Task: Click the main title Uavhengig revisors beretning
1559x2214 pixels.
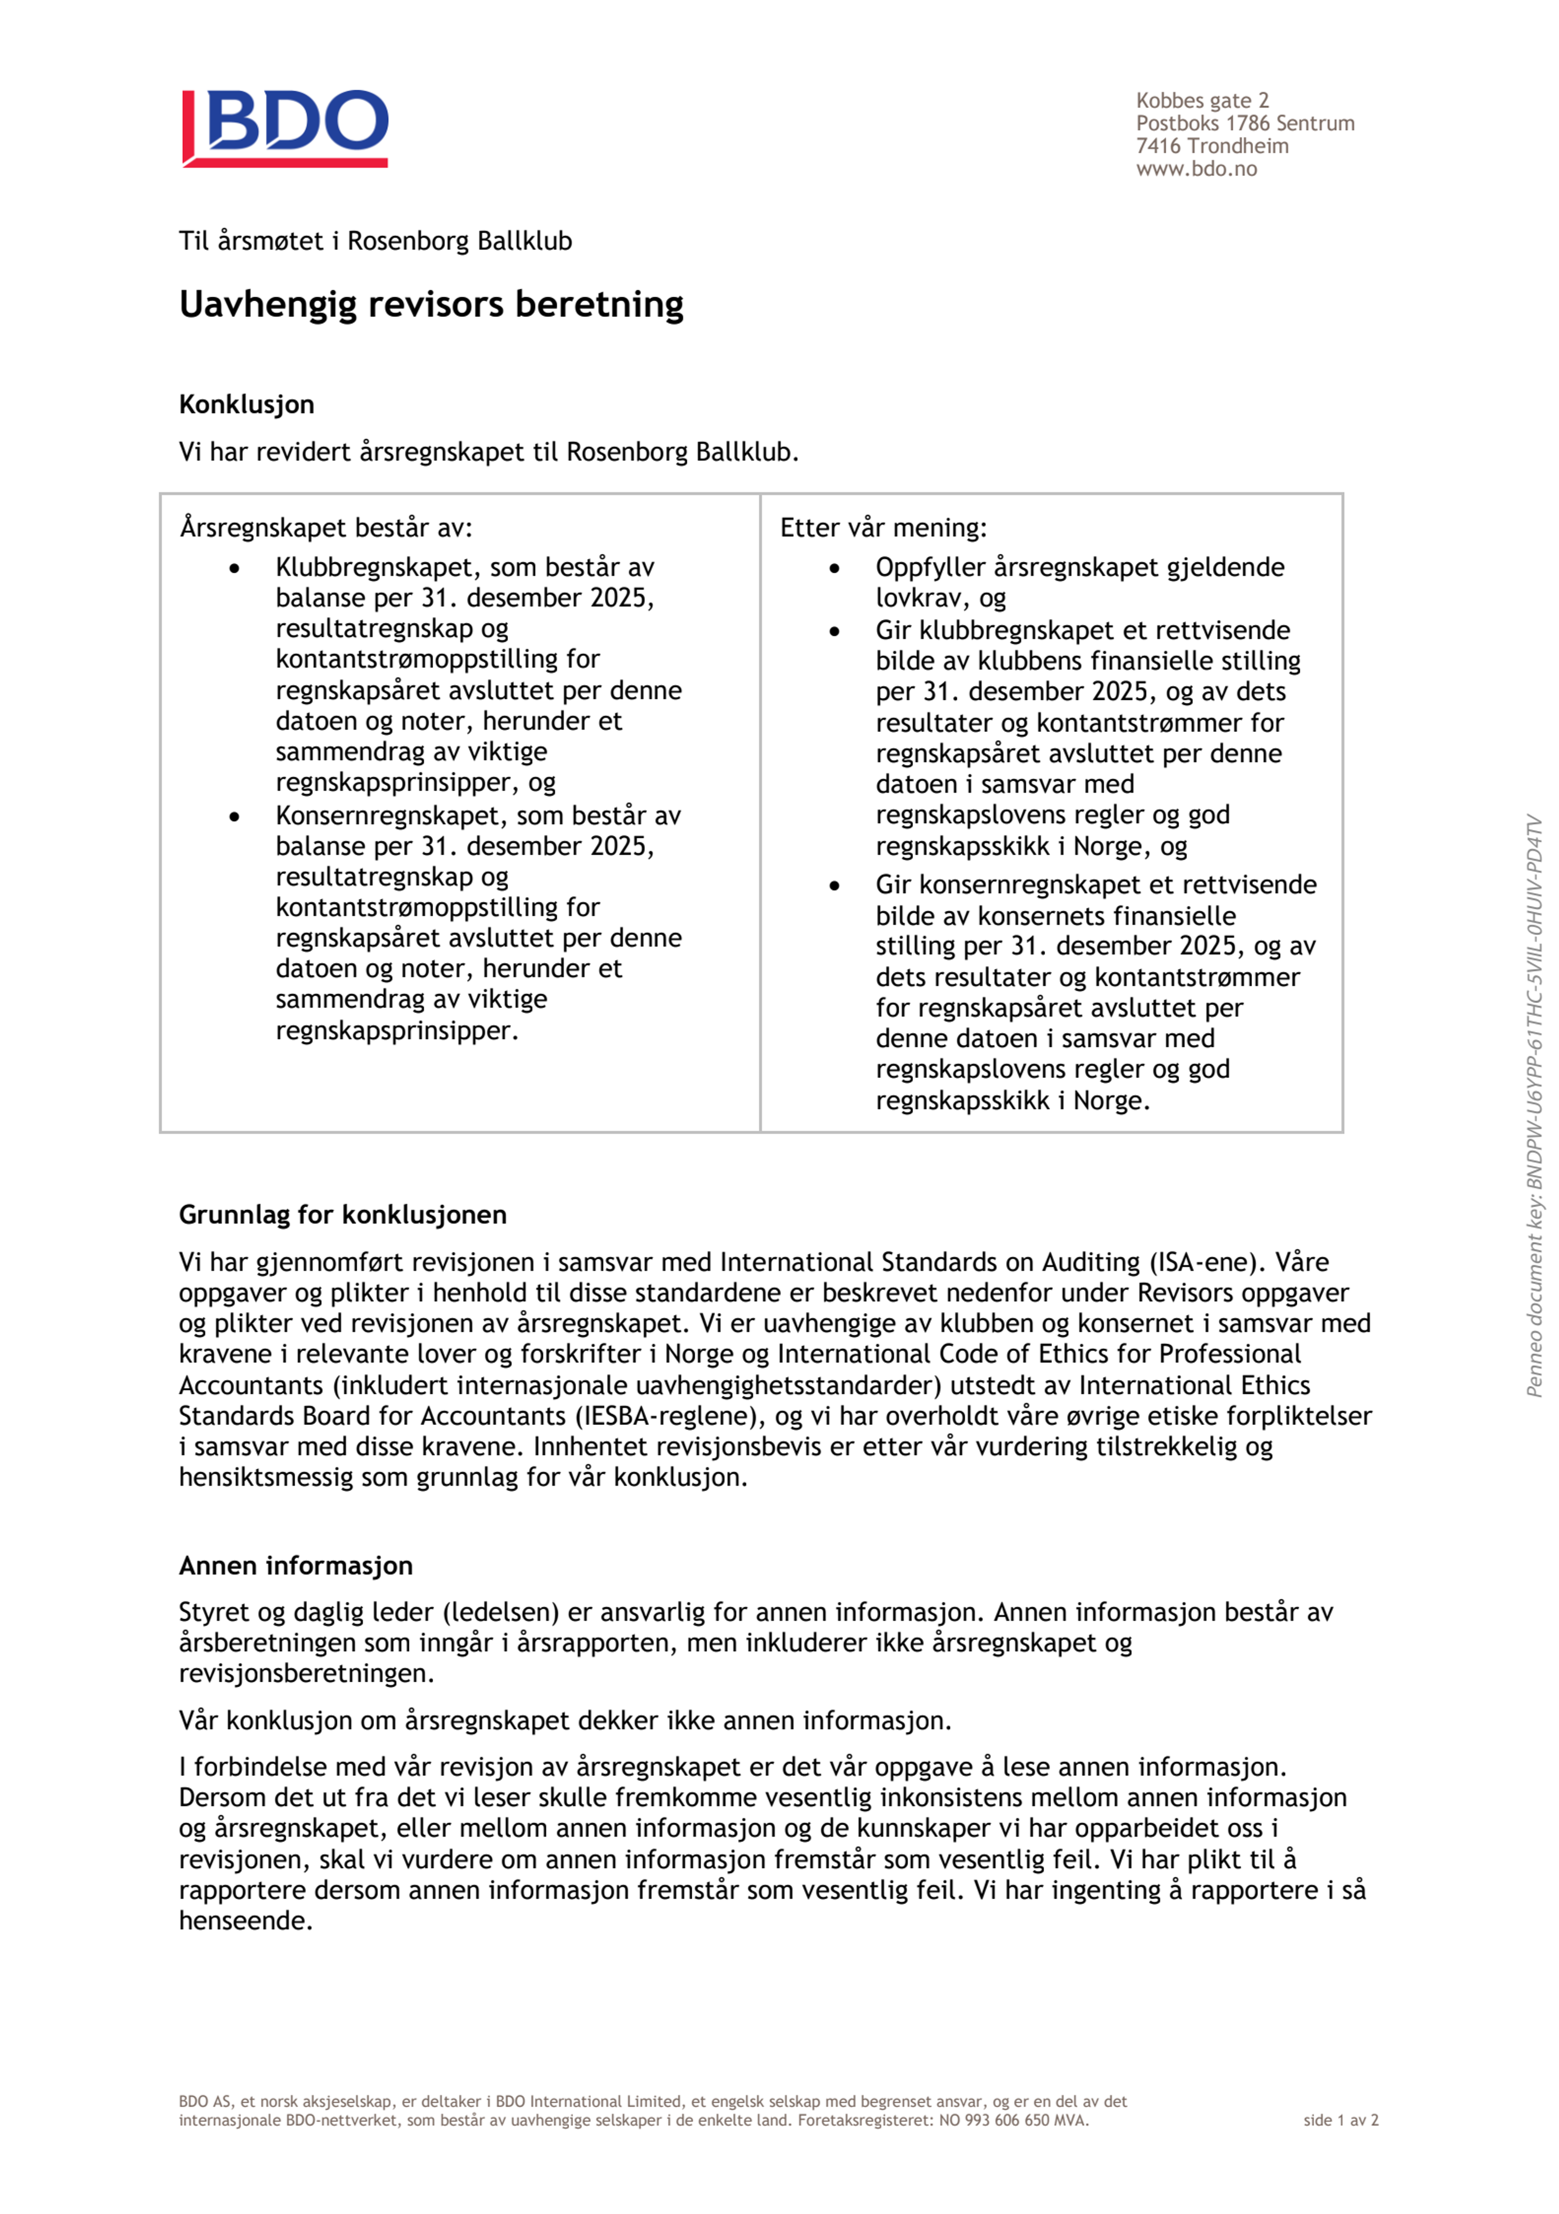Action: [431, 305]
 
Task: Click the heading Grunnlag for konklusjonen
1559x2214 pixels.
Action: [342, 1214]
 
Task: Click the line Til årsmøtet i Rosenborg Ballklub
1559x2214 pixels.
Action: [375, 241]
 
